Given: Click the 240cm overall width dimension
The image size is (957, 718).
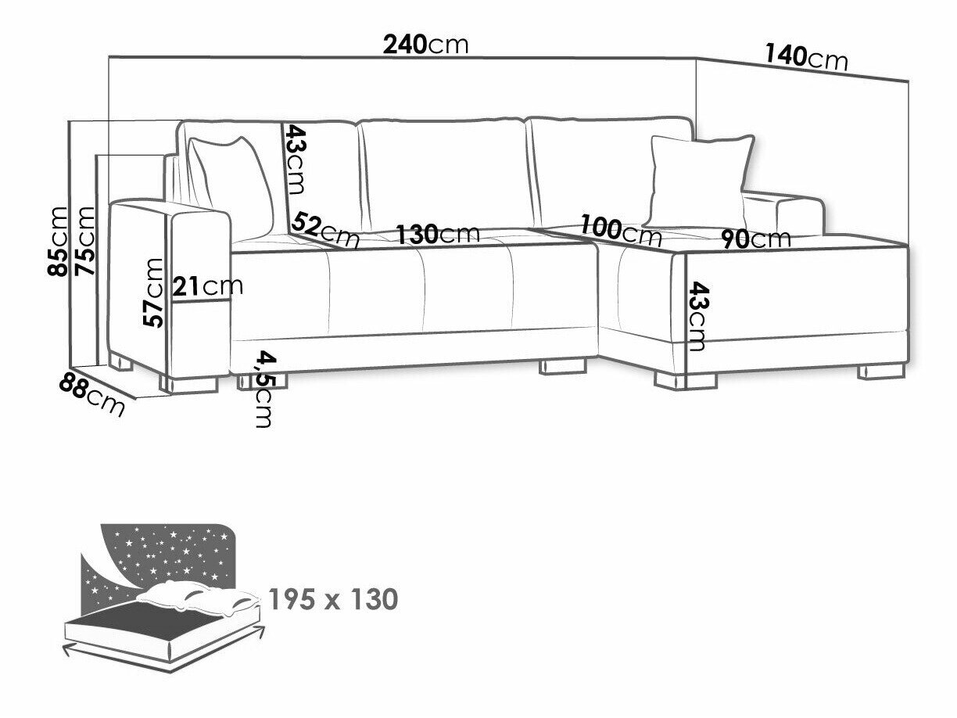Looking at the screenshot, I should (x=425, y=44).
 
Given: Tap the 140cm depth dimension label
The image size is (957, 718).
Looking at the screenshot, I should (x=806, y=57).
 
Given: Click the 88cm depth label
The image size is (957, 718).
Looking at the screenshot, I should (x=92, y=396).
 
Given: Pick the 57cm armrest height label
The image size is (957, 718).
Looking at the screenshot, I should (x=155, y=293).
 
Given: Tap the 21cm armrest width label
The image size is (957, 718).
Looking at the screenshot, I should (x=208, y=286).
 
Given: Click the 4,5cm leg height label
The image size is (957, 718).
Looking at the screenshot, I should (x=264, y=389).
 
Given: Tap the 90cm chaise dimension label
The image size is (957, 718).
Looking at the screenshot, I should (x=755, y=238).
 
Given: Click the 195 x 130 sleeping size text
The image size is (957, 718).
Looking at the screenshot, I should (x=333, y=600).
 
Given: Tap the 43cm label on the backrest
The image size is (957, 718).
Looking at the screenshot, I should (x=295, y=160).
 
